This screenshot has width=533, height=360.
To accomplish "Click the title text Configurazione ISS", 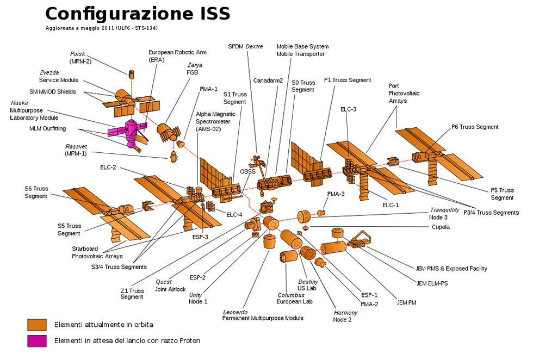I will [x=137, y=13].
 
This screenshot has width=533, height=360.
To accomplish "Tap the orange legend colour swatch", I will [x=37, y=325].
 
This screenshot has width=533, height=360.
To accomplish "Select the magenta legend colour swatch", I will [x=37, y=341].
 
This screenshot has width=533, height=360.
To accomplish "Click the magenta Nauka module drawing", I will [x=131, y=129].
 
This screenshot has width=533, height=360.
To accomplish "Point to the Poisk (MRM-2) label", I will [x=80, y=57].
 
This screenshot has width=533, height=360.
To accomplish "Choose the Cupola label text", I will [x=440, y=227].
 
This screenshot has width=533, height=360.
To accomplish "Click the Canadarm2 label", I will [x=268, y=80].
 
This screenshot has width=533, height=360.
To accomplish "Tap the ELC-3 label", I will [x=348, y=109].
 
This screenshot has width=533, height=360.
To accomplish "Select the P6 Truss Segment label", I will [x=475, y=127].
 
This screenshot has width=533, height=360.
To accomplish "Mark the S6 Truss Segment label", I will [x=36, y=192].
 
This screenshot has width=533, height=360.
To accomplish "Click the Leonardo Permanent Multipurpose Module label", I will [x=263, y=315].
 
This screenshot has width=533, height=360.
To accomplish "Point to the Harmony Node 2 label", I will [x=345, y=316].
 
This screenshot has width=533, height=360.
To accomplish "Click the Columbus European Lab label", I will [x=294, y=298].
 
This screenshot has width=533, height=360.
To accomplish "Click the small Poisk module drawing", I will [x=131, y=73].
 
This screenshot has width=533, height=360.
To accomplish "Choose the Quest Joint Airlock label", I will [x=170, y=285].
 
